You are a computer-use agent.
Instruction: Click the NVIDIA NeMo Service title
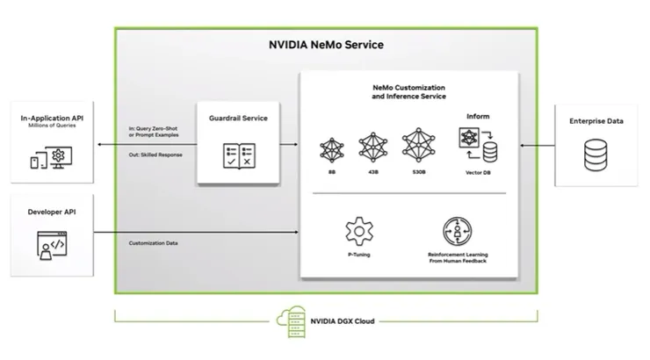click(325, 45)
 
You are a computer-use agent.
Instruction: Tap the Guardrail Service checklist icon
click(238, 155)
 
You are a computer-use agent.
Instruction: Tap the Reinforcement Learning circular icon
click(459, 231)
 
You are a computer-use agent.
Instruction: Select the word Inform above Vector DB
click(478, 114)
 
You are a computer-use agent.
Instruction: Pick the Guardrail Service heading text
click(238, 118)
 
